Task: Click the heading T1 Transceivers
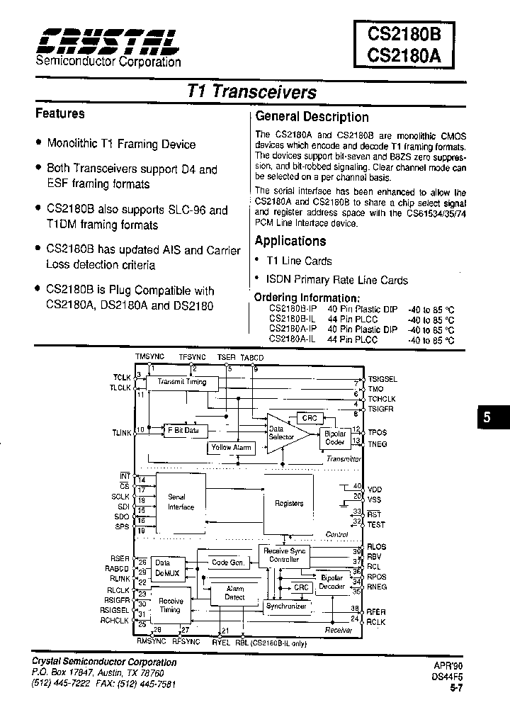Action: point(251,92)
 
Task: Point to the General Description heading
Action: point(312,117)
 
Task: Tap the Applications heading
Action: point(290,241)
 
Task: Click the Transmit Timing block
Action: point(182,383)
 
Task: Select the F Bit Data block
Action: point(182,430)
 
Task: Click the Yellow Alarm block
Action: point(231,448)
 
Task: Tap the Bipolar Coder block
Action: point(334,437)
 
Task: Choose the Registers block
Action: point(289,503)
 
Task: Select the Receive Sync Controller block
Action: point(281,555)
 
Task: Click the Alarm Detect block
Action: point(234,593)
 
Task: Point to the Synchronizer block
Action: point(285,606)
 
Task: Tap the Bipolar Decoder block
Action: point(332,582)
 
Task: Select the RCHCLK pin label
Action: point(115,621)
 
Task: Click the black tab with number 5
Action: point(487,418)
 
